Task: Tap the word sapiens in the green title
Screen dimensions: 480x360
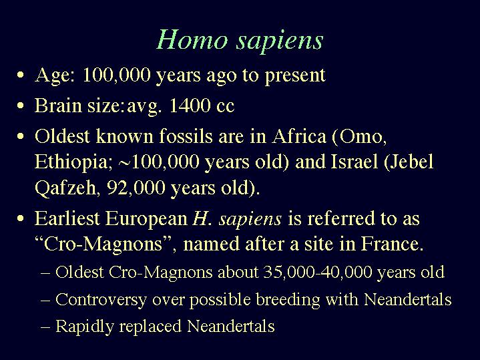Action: coord(280,41)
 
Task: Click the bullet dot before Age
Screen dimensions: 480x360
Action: coord(21,75)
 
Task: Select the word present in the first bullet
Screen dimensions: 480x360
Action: coord(295,75)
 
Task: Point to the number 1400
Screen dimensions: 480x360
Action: coord(190,106)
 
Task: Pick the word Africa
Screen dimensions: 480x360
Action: coord(299,136)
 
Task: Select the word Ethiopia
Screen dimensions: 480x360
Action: coord(71,162)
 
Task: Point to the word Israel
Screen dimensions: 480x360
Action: coord(354,162)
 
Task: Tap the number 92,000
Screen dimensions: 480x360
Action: coord(136,188)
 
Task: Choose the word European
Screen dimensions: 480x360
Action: coord(146,219)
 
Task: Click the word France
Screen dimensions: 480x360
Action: coord(392,244)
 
